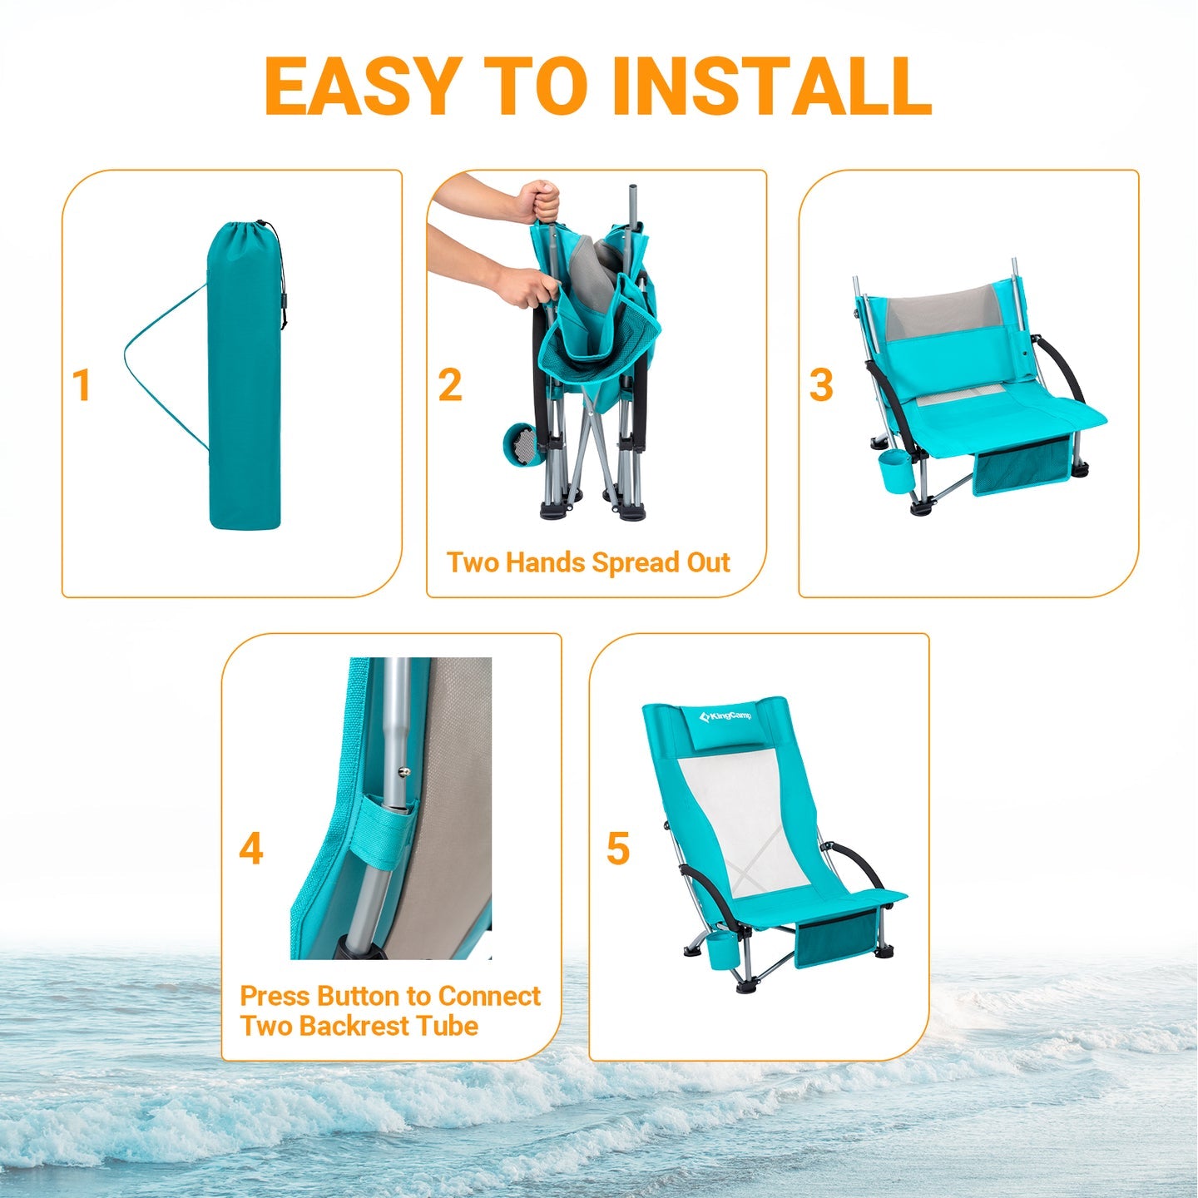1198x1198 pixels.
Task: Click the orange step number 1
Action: [81, 385]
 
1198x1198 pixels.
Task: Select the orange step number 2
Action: [450, 385]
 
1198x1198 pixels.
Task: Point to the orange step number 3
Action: [821, 385]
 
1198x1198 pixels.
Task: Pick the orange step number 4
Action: [251, 849]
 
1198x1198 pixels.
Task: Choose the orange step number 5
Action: [618, 849]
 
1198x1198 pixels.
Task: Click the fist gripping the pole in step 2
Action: [539, 200]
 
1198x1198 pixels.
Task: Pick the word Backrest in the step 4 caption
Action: [353, 1026]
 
